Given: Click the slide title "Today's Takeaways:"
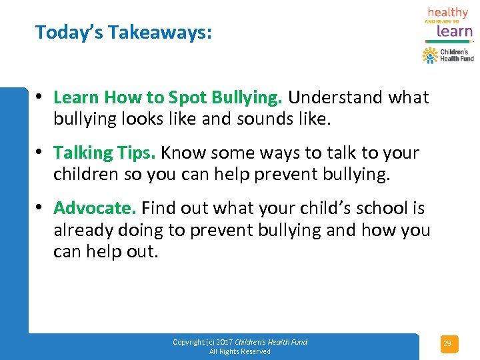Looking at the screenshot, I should (x=123, y=32).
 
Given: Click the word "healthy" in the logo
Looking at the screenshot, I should (x=447, y=13).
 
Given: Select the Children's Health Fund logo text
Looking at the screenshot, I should (x=457, y=55).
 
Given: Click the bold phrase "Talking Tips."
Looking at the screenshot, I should (x=105, y=153).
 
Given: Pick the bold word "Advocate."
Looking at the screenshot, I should (x=95, y=208).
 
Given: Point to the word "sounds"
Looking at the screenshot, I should (x=257, y=120).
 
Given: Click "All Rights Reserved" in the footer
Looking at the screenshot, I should (x=240, y=351).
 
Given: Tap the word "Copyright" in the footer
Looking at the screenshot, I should (x=188, y=342).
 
